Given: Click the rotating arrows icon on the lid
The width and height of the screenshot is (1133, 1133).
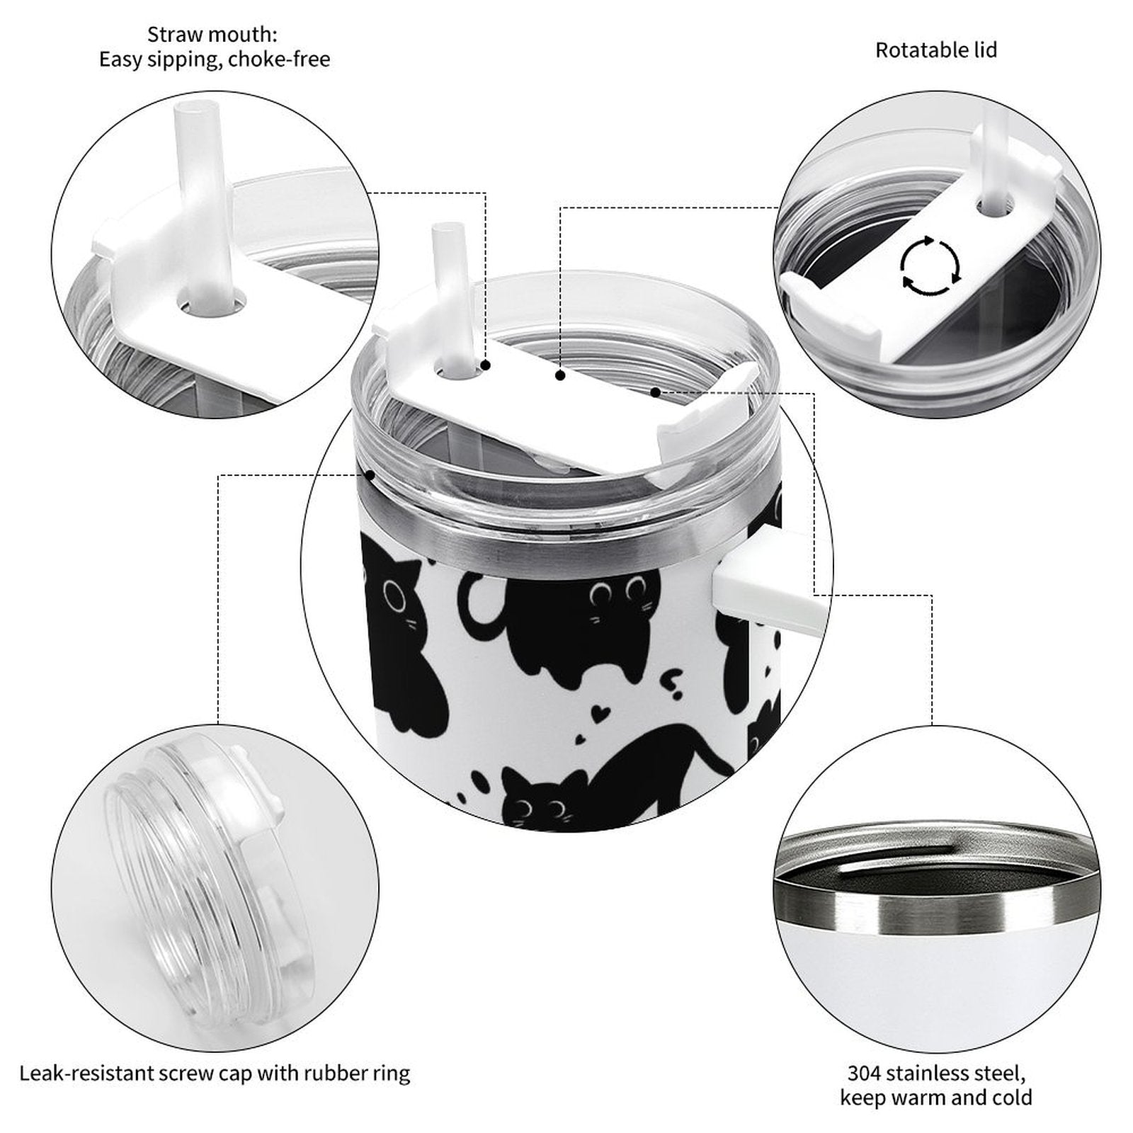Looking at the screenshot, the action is (x=930, y=267).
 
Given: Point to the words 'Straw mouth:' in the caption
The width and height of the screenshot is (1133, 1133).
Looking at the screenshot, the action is (x=212, y=34).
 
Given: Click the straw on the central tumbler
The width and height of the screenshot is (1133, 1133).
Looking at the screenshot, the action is (x=447, y=297).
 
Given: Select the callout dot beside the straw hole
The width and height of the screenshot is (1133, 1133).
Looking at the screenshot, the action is (x=486, y=365).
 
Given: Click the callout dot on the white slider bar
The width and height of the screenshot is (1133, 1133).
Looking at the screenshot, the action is (x=560, y=375).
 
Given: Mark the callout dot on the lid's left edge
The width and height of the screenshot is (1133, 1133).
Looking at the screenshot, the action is (x=370, y=475).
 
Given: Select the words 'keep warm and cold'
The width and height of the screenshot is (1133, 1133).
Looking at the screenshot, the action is (x=936, y=1098).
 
